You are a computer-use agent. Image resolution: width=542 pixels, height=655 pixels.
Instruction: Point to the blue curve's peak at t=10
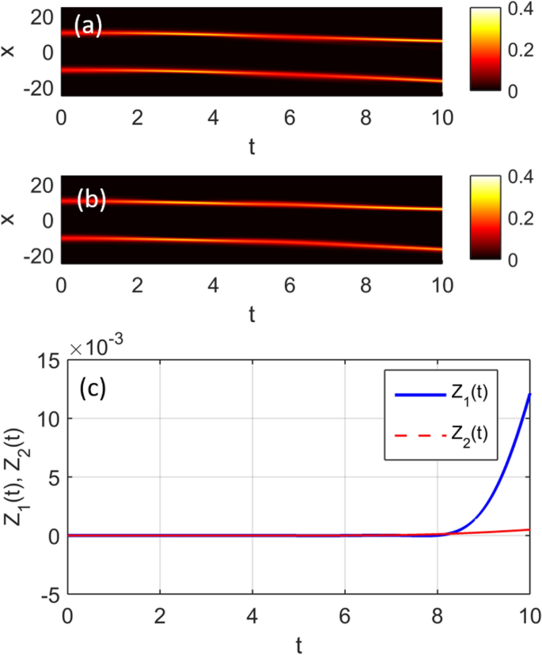pos(529,395)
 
